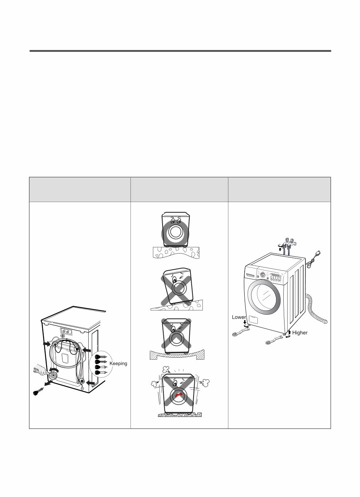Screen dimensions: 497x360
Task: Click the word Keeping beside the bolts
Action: point(118,364)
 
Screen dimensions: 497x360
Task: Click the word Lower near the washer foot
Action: point(239,317)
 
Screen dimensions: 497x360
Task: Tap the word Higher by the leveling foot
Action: point(300,333)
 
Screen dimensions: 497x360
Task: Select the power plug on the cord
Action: point(318,254)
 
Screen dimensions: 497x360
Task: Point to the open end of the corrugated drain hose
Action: point(326,321)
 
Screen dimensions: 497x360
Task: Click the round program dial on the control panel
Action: point(262,274)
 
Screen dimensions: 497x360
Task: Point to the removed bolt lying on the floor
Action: point(38,391)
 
